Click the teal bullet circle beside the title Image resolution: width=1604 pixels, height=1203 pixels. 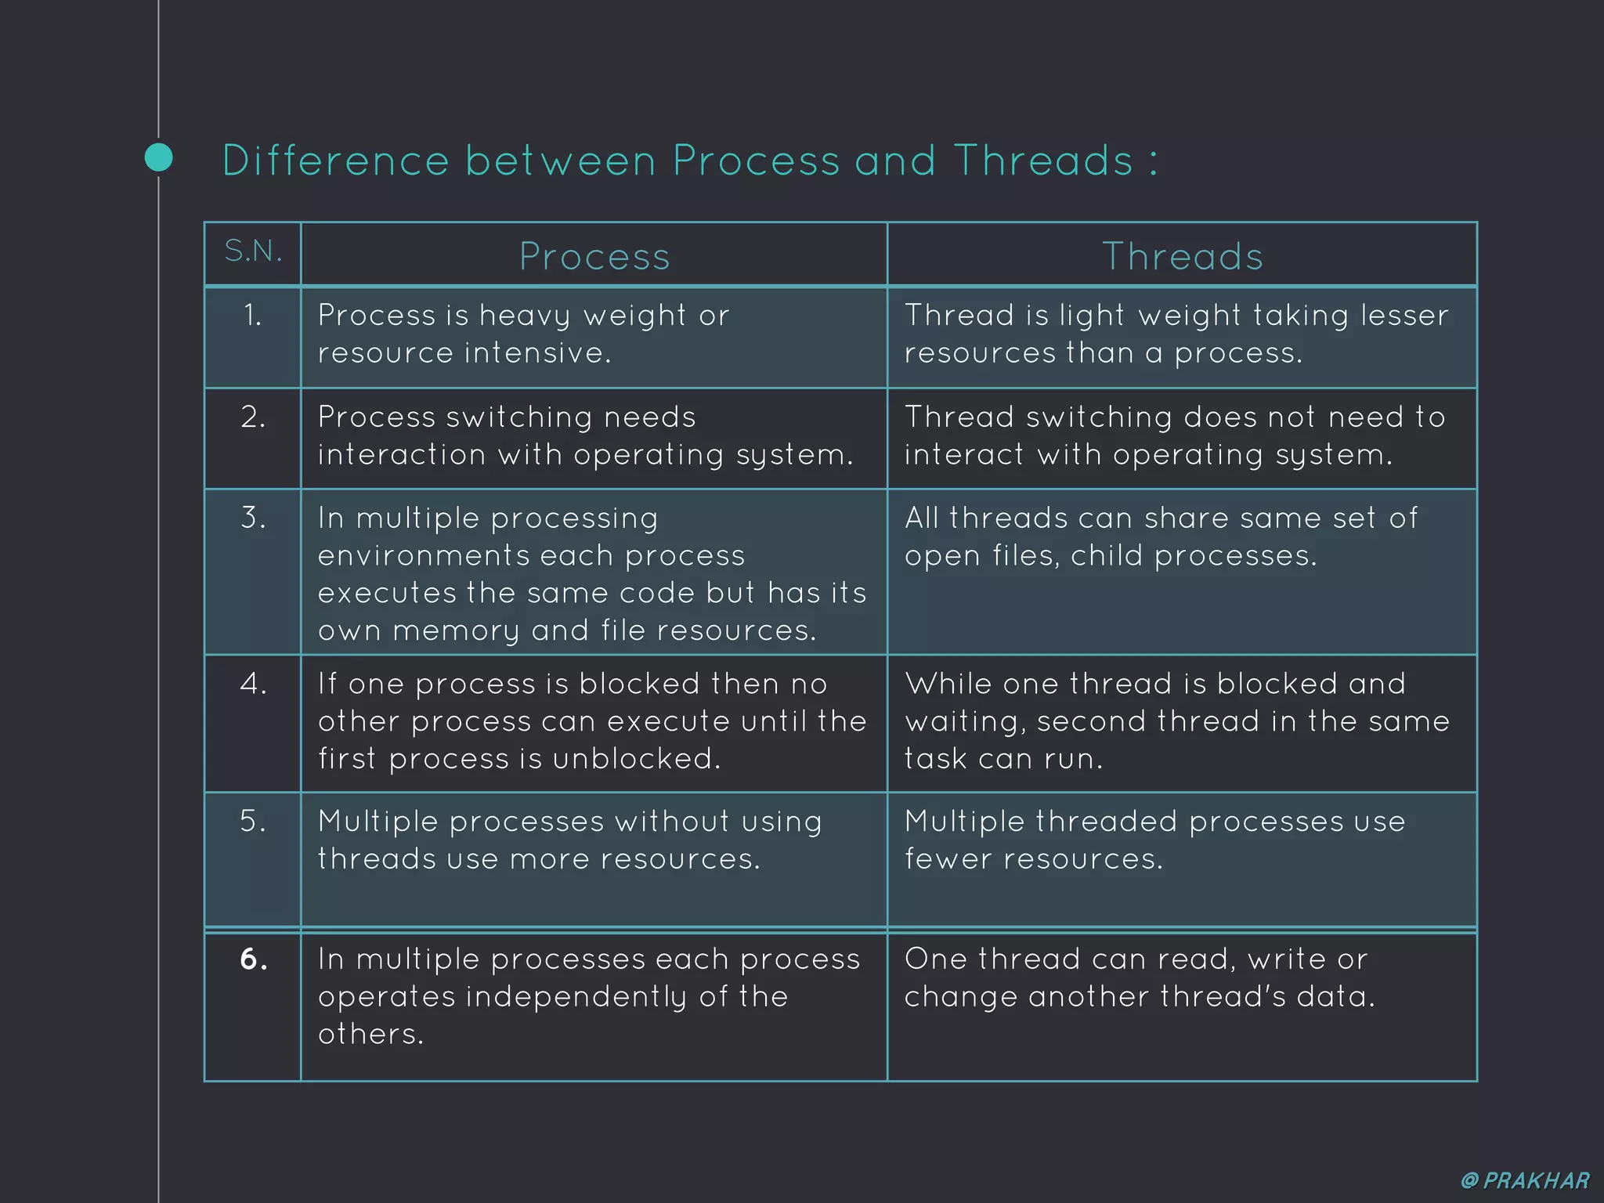point(159,157)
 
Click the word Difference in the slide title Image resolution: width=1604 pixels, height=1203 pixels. point(335,161)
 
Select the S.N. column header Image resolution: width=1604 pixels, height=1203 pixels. point(253,251)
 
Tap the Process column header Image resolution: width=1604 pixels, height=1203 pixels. point(594,257)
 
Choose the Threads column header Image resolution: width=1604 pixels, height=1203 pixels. point(1183,257)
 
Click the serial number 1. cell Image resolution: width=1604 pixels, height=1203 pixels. point(252,316)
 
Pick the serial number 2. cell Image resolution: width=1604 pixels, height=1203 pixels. point(253,417)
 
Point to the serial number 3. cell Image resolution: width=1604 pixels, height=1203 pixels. point(253,518)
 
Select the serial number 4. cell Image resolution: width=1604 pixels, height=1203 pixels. point(253,684)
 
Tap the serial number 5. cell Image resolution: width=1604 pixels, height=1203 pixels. point(253,822)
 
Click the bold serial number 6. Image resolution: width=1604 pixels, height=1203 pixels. point(253,959)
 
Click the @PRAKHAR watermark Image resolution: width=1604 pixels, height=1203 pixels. point(1525,1180)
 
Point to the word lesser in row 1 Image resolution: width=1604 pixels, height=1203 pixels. point(1404,315)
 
